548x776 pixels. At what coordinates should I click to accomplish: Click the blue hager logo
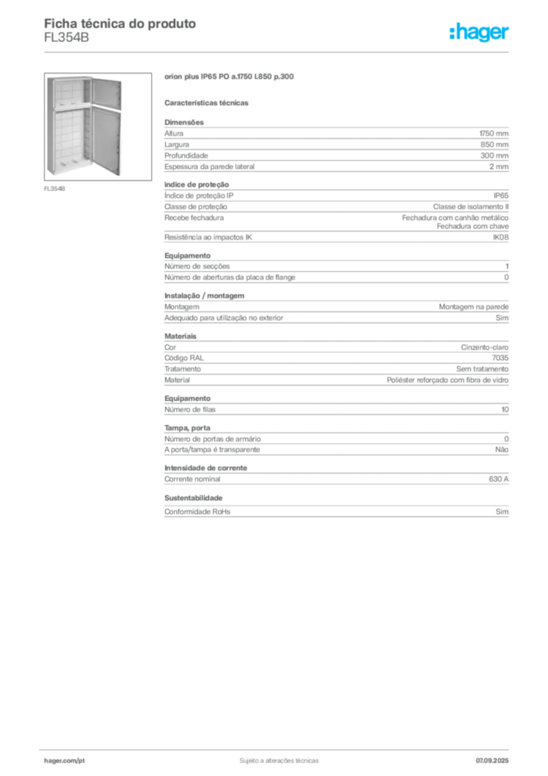pos(481,33)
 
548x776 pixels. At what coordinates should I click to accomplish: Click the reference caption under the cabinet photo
pos(54,188)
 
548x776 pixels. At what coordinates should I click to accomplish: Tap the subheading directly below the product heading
pos(208,102)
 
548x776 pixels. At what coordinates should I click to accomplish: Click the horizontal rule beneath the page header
pos(278,52)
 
